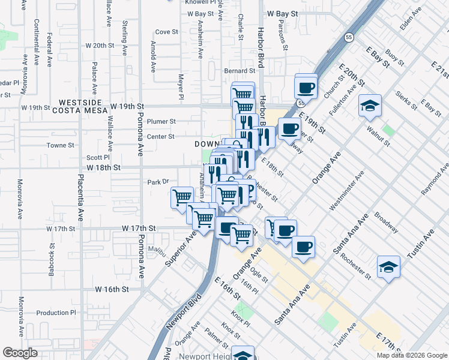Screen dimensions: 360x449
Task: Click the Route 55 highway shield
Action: click(349, 37)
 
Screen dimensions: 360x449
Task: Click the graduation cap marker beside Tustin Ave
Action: click(388, 266)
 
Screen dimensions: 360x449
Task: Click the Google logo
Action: click(20, 352)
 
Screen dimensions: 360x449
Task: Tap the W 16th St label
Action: click(112, 289)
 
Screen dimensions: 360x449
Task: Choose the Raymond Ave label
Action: click(435, 180)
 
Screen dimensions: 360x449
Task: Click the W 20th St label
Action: click(100, 45)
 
